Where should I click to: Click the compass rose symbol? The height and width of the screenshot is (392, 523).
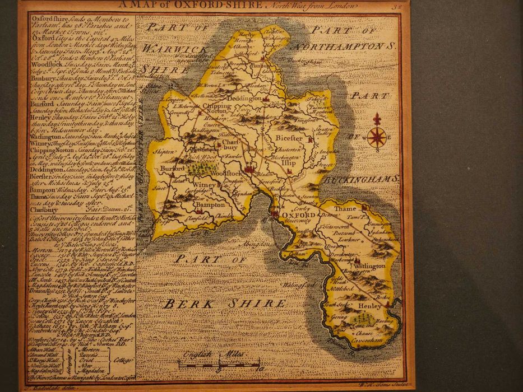[x=377, y=136]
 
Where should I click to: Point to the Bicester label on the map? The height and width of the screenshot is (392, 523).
[x=289, y=138]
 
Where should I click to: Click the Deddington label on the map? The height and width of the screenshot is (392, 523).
[x=244, y=99]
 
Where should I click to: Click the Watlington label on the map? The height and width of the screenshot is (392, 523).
[x=369, y=266]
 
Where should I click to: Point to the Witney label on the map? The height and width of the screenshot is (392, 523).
[x=204, y=184]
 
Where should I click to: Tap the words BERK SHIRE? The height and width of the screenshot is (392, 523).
[x=225, y=304]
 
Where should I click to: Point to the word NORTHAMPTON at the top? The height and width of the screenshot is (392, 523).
[x=341, y=45]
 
